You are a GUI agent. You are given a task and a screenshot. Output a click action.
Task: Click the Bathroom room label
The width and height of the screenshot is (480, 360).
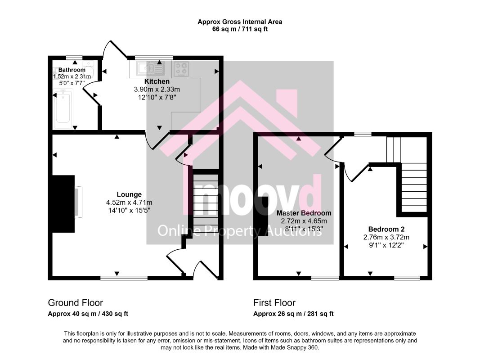[72, 70]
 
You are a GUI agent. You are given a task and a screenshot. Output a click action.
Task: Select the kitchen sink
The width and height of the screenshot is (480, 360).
[147, 68]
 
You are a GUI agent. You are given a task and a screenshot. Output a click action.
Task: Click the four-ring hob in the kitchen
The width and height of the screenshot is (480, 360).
[181, 68]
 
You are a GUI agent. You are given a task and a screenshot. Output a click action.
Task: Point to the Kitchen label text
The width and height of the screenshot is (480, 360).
[157, 81]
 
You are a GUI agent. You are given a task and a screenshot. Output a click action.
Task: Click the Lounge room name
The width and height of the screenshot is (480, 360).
[129, 194]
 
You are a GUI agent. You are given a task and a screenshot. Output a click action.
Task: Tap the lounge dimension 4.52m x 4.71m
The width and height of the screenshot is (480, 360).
[129, 202]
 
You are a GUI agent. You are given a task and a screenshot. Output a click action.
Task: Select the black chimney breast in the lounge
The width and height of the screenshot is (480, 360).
[63, 204]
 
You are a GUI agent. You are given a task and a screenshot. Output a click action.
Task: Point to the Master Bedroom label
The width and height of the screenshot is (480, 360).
[304, 213]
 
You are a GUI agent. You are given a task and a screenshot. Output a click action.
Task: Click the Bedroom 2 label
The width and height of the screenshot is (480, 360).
[386, 229]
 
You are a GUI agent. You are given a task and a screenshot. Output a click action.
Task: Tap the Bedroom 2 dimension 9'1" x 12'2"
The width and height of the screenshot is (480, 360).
[386, 245]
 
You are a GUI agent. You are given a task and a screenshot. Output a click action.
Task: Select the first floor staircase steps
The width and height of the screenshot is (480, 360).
[414, 187]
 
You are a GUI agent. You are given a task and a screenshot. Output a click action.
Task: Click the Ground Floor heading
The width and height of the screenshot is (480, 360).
[75, 303]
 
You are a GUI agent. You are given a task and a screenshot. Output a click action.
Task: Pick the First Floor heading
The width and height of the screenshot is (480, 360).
[274, 303]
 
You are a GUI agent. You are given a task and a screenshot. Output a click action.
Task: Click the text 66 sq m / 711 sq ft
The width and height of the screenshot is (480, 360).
[240, 29]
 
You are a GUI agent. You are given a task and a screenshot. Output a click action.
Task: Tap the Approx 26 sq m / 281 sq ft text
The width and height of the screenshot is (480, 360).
[293, 314]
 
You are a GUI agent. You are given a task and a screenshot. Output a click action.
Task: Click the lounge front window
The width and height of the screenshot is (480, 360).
[124, 278]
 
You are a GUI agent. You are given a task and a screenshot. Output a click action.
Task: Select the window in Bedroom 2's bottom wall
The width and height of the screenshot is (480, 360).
[407, 278]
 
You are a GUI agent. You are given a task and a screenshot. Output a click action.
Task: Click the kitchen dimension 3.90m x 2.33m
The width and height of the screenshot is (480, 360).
[157, 90]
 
